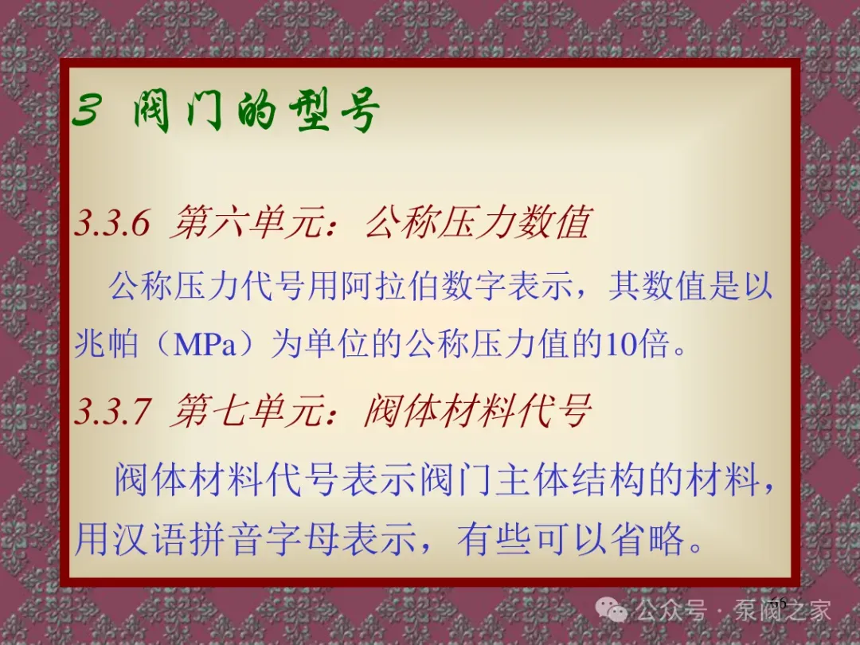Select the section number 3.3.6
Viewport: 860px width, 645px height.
coord(112,223)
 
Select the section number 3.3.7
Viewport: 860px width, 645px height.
coord(112,412)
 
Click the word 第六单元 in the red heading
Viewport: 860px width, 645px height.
coord(247,223)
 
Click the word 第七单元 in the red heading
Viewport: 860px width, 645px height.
coord(247,411)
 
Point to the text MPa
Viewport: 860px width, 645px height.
coord(205,346)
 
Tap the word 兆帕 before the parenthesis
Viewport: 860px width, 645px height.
coord(107,346)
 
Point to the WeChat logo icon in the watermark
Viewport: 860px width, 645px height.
coord(612,610)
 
